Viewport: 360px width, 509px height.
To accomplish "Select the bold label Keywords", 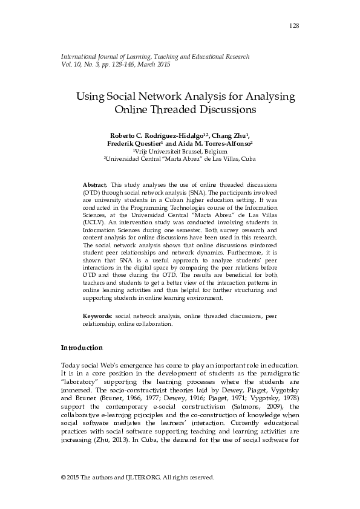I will tap(97, 316).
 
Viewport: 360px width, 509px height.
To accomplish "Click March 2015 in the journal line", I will tap(154, 65).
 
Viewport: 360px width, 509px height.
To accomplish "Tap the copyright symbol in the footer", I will tap(64, 477).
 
